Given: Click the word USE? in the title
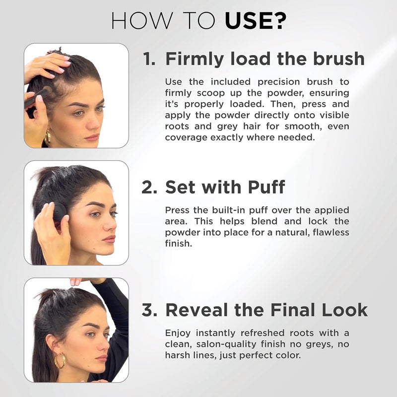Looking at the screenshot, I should tap(256, 21).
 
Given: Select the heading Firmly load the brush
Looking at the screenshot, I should tap(265, 59).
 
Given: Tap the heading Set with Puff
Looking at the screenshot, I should tap(225, 187).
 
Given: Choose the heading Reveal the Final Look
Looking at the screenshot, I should tap(266, 310).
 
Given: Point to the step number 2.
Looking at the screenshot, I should tap(149, 187).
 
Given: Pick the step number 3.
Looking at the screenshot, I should tap(149, 310).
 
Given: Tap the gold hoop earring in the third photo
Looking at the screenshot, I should tap(60, 361).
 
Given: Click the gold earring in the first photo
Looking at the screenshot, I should tap(48, 137).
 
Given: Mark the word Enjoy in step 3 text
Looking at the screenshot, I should tap(178, 332).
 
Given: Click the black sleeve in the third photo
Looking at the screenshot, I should tap(117, 318).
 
